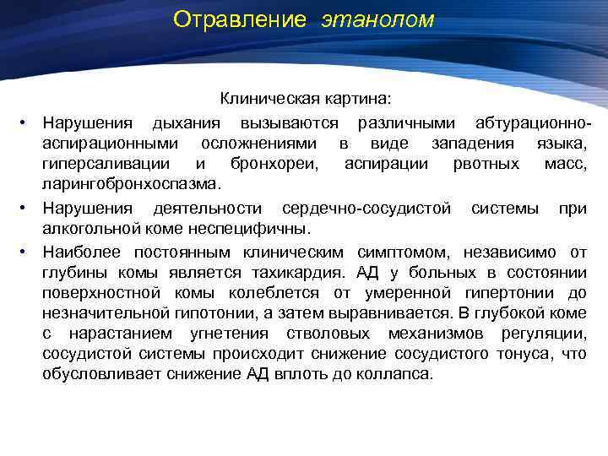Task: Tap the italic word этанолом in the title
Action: (377, 19)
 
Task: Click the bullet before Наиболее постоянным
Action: (27, 252)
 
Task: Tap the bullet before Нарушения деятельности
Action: (27, 208)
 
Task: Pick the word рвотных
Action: (487, 164)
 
